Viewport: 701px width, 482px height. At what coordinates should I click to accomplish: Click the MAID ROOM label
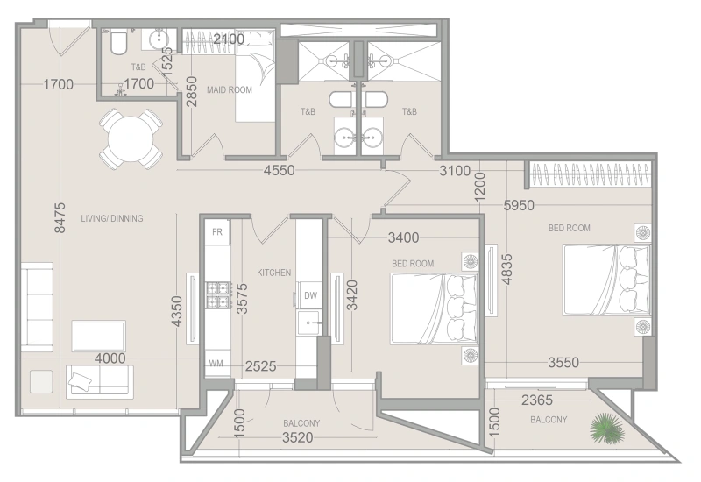230,90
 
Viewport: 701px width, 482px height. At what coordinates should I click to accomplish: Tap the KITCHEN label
274,273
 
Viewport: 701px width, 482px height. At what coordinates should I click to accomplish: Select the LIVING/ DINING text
112,218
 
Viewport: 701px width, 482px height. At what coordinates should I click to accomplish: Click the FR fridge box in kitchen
217,231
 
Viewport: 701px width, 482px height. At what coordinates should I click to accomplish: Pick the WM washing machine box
216,363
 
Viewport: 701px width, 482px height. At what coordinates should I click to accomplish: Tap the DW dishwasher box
310,294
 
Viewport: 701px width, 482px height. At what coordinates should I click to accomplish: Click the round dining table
130,139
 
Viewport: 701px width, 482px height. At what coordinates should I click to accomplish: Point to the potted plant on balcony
607,428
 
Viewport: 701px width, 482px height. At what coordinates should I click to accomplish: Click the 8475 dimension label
60,217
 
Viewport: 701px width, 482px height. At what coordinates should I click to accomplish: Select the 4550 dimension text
279,170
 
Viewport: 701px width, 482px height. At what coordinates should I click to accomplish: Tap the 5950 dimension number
519,205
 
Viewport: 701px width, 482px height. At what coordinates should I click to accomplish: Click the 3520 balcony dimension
298,437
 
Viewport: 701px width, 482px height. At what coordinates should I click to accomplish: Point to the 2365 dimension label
537,400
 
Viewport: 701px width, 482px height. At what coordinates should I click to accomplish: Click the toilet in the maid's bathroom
118,41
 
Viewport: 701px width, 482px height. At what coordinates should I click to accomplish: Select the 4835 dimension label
506,269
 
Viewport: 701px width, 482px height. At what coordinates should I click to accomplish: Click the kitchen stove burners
218,295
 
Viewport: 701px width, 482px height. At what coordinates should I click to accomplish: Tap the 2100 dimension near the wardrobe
229,39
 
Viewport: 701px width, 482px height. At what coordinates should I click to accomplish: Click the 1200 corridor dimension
479,187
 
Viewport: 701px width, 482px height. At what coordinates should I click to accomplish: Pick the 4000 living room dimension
110,358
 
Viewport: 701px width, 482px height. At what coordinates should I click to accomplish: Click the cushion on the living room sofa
80,381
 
